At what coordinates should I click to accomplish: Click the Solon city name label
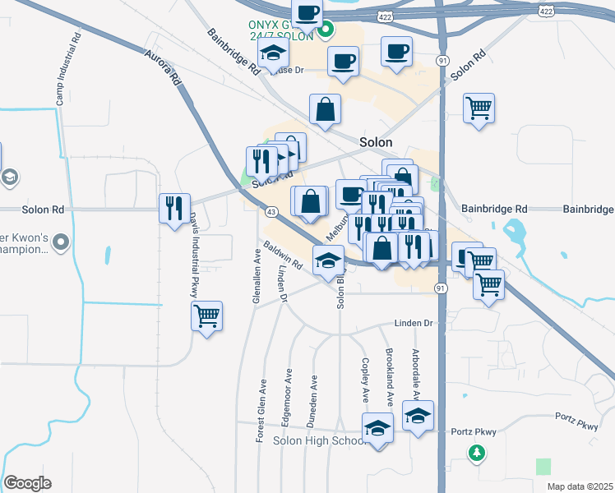click(x=375, y=142)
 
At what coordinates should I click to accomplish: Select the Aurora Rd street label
click(x=162, y=67)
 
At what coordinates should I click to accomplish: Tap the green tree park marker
click(x=476, y=452)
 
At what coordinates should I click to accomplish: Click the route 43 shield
click(x=271, y=212)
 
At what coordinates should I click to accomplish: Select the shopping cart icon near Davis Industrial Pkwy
click(x=206, y=315)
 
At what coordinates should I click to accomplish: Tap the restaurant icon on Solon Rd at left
click(x=174, y=208)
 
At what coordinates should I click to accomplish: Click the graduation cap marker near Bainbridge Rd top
click(x=272, y=56)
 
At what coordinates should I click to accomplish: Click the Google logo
click(x=27, y=483)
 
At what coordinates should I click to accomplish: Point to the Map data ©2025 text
click(x=580, y=486)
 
